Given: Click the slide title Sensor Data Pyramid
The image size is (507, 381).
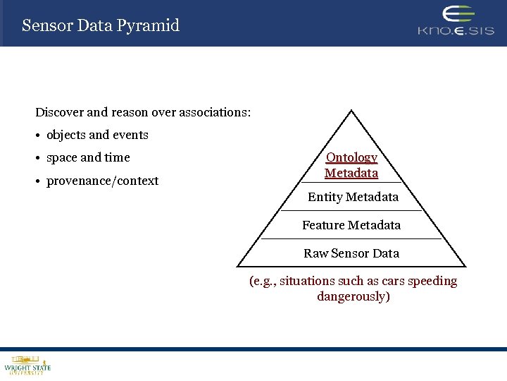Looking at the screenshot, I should pos(101,25).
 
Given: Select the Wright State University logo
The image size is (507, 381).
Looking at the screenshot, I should pos(27,365).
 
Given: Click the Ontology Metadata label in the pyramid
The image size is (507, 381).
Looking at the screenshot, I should pos(351,165).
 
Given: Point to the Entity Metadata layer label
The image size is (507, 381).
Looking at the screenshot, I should pos(353,197).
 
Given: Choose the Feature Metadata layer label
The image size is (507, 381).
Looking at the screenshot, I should pos(351,225).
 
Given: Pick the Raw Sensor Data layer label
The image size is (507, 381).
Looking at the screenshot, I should pos(351,253).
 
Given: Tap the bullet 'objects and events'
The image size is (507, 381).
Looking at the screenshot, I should pos(97,135).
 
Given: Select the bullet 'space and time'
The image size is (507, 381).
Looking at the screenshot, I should pos(88,157).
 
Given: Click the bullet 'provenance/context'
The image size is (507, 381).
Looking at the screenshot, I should pos(102,181).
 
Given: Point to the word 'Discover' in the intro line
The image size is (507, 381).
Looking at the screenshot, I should pos(60,112).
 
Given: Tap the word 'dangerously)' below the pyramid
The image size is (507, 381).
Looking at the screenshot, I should pos(353,296).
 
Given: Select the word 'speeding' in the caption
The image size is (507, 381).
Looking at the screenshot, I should pos(432,281).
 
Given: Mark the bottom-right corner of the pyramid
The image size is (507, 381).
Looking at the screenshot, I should pos(465,266).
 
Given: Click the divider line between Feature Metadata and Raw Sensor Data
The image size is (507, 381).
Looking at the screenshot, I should pos(351,238).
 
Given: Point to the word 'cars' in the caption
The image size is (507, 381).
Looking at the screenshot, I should pos(394,281).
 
